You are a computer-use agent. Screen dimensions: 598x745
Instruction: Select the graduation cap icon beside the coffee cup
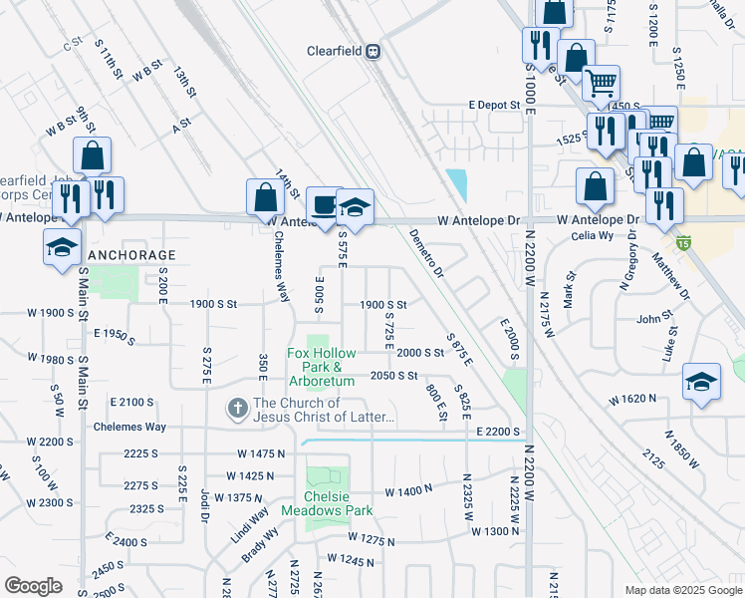[x=355, y=207]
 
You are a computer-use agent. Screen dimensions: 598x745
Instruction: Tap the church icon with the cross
[x=237, y=408]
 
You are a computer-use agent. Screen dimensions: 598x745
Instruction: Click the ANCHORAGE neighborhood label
[x=131, y=255]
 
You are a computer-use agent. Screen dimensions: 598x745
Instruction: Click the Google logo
[x=33, y=586]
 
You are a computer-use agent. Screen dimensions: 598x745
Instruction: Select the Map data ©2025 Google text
[x=683, y=590]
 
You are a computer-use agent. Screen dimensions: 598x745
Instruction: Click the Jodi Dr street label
[x=204, y=504]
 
